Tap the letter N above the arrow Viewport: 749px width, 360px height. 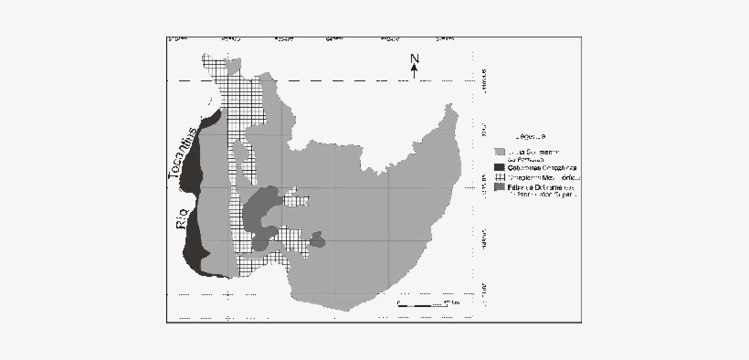coord(414,60)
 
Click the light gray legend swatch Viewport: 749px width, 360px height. coord(499,152)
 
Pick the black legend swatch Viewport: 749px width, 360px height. coord(499,167)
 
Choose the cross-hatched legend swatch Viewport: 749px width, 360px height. coord(499,176)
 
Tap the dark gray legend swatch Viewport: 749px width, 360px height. coord(499,187)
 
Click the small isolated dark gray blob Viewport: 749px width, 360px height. coord(317,239)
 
